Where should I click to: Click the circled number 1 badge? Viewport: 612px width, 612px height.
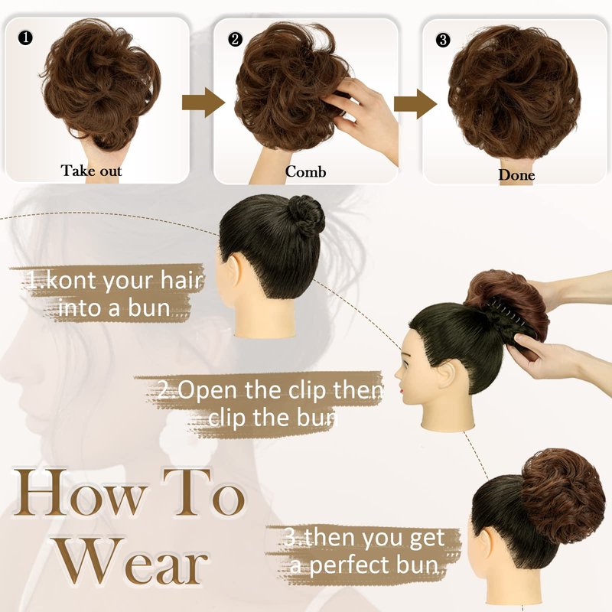(x=25, y=37)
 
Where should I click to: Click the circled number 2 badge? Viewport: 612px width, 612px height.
(x=235, y=40)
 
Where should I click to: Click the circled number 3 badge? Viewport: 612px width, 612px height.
(x=443, y=41)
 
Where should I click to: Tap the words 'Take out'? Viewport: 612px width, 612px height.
(x=91, y=171)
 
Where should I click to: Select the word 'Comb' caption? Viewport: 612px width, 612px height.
(x=305, y=171)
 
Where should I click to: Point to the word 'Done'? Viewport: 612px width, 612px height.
(x=516, y=175)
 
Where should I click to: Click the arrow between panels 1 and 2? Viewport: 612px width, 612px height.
(x=203, y=103)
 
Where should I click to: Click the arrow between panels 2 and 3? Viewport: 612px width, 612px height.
(x=415, y=104)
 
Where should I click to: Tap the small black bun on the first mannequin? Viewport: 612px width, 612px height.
(x=307, y=214)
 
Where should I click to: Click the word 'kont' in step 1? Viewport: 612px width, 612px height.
(x=70, y=280)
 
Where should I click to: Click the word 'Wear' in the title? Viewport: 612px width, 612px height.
(x=133, y=562)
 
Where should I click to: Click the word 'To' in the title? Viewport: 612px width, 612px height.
(x=203, y=492)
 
